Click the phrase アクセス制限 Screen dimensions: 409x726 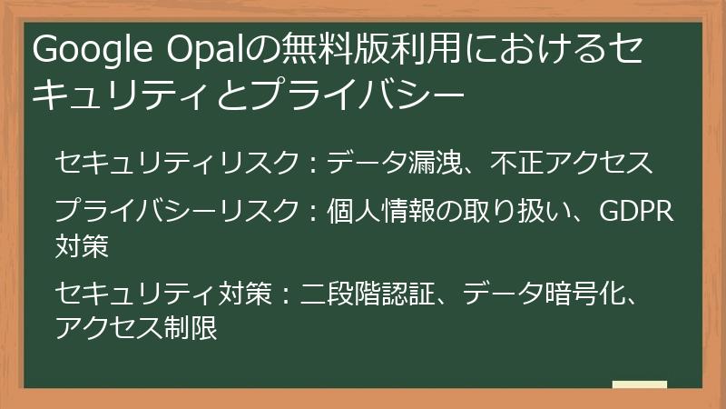(x=136, y=325)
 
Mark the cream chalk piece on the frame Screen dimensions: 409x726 (x=639, y=384)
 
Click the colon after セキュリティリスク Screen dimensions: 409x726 (x=312, y=164)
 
